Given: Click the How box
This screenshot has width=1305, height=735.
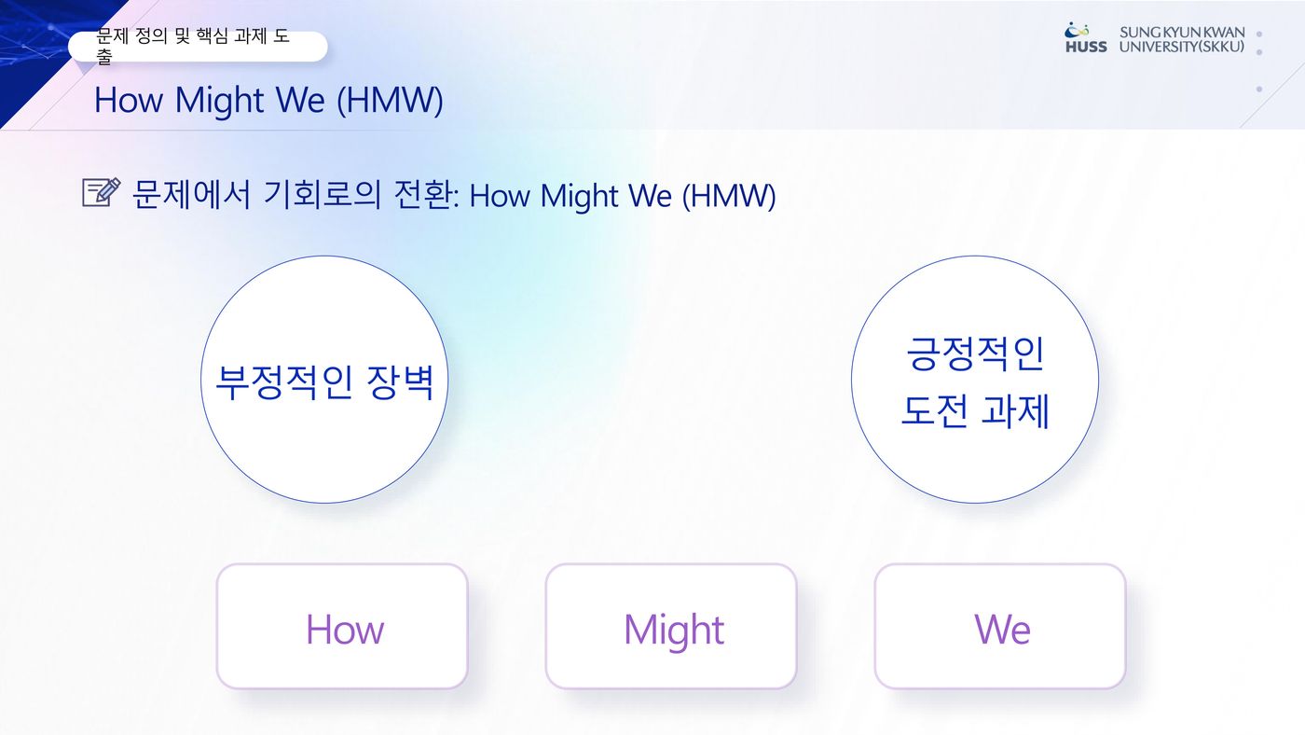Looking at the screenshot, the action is click(342, 626).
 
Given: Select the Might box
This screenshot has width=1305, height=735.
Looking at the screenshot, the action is click(670, 626).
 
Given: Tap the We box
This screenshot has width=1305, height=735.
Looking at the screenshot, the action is click(999, 626).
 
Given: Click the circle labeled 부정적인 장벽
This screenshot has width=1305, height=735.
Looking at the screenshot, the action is click(324, 380).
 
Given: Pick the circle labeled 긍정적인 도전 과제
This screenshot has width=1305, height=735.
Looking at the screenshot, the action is click(975, 380).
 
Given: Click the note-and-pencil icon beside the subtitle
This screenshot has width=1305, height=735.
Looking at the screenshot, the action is click(102, 192).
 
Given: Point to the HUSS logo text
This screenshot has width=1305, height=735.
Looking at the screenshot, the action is click(1086, 47).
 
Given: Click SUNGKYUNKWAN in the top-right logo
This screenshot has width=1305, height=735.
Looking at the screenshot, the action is click(1182, 32).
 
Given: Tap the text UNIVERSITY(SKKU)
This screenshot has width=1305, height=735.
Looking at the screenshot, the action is click(1182, 47).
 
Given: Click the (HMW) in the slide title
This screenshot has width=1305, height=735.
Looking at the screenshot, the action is click(390, 100).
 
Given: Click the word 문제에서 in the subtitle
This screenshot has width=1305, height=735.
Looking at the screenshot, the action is click(191, 194).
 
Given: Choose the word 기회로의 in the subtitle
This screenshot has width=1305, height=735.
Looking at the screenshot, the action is click(323, 194).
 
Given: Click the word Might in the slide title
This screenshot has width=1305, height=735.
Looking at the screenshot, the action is click(220, 100).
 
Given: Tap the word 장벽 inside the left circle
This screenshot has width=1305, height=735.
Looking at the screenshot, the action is click(400, 382).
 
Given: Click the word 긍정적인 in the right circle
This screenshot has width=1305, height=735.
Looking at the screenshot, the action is click(975, 354).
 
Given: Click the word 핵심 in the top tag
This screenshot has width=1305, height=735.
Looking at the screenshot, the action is click(212, 36).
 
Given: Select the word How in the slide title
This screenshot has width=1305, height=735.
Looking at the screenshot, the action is click(129, 100).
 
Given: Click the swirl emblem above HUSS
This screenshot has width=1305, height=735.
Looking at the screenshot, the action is click(1077, 30).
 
